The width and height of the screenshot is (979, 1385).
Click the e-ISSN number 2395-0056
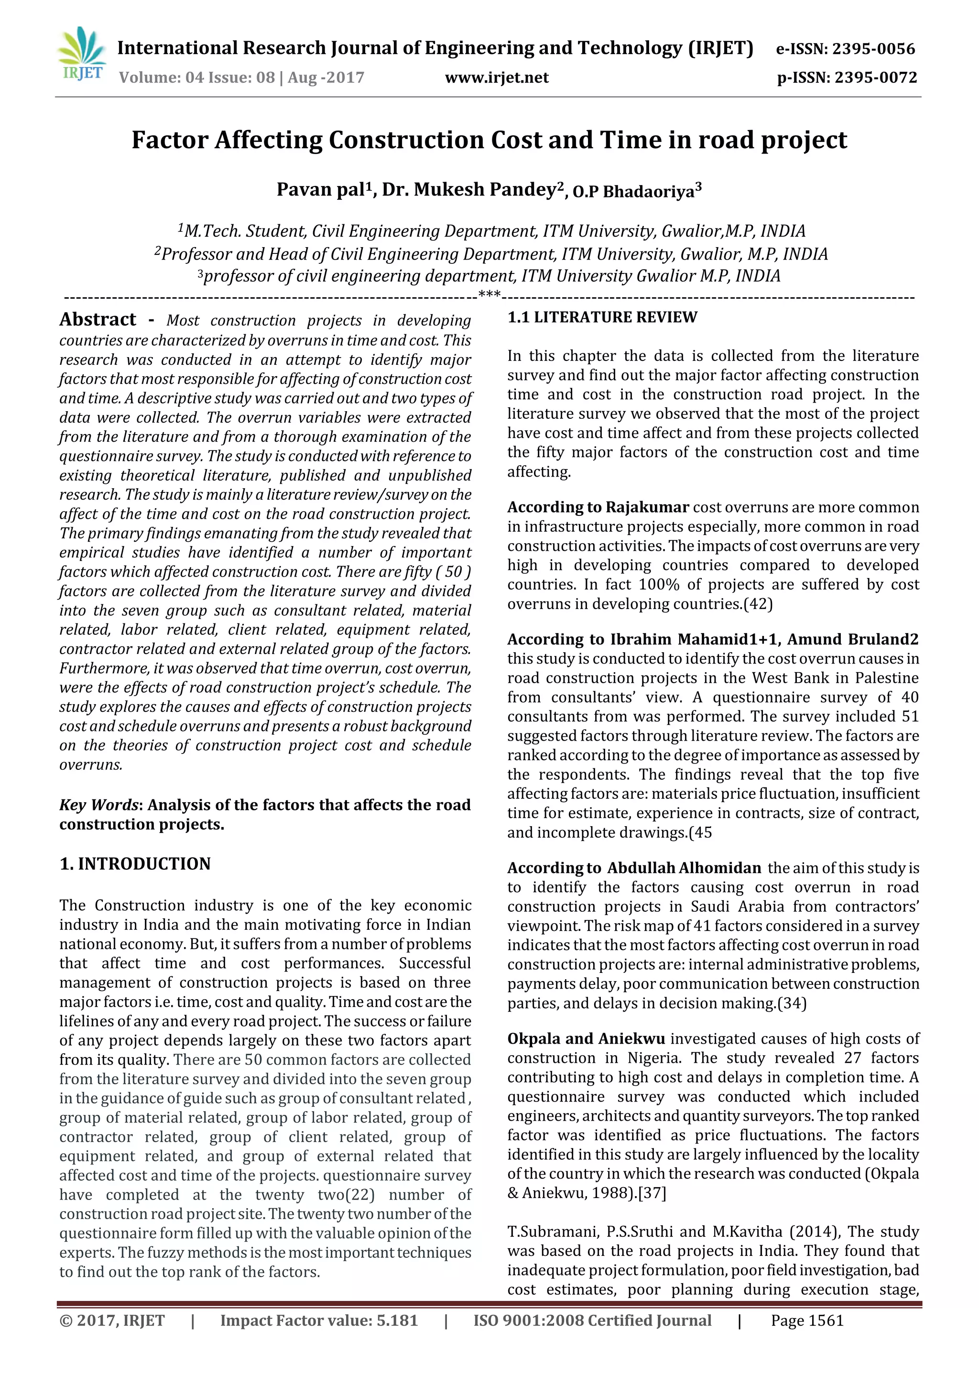pos(873,49)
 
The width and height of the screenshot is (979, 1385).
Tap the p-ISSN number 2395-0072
pos(876,78)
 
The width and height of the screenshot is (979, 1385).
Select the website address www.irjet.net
pos(497,78)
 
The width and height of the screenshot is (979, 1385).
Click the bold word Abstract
pos(98,320)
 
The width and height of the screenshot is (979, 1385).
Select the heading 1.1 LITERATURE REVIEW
pos(602,318)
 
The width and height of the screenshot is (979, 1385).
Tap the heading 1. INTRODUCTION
pos(135,864)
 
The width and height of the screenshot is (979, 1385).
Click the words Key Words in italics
pos(99,805)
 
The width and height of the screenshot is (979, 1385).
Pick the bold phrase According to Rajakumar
pos(598,507)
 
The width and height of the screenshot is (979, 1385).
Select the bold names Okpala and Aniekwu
pos(586,1039)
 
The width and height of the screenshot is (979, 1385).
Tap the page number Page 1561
pos(807,1321)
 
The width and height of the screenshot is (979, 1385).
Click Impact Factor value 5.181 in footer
pos(318,1321)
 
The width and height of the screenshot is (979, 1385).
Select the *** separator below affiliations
pos(489,295)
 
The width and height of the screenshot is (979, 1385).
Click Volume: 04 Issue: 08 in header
pos(196,78)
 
